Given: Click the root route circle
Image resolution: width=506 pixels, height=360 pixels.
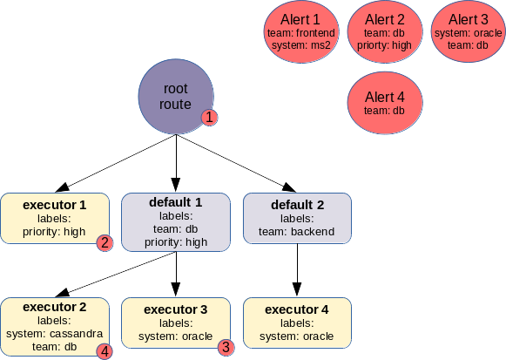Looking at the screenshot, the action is (x=176, y=96).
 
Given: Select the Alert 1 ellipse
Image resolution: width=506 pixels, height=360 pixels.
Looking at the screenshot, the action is (x=301, y=31).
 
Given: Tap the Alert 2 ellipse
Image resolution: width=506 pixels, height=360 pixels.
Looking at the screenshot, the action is (x=385, y=31).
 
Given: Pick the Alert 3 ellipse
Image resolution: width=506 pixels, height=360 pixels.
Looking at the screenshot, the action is (x=469, y=31).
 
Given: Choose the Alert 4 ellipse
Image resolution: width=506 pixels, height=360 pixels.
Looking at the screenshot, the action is (x=385, y=103).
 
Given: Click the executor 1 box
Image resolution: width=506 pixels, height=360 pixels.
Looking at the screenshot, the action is (x=55, y=218).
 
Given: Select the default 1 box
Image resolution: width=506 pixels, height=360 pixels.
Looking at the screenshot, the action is (x=176, y=222).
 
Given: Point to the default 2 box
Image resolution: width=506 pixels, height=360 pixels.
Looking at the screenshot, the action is (x=297, y=218).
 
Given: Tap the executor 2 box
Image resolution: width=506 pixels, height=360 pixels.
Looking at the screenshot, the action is (x=55, y=327).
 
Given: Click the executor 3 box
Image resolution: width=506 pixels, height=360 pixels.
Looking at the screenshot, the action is (x=176, y=323).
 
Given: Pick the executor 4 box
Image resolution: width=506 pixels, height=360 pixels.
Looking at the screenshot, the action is (x=297, y=323).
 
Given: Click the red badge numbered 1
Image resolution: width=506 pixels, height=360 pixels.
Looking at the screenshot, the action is (x=209, y=117).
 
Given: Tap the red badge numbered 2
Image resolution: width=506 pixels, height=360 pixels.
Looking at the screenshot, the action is (x=105, y=243).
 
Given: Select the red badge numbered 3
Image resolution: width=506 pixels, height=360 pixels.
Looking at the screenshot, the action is (x=226, y=348).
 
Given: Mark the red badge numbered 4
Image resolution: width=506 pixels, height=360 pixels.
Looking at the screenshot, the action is (x=105, y=351).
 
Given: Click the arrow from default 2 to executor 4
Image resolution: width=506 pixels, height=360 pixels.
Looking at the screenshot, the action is (x=297, y=270).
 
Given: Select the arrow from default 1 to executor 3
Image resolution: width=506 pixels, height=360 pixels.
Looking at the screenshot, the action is (x=176, y=274).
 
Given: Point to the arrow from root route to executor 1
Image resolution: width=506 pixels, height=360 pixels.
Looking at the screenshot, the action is (x=116, y=163).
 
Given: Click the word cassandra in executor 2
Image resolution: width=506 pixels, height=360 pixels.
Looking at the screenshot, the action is (x=76, y=334).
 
